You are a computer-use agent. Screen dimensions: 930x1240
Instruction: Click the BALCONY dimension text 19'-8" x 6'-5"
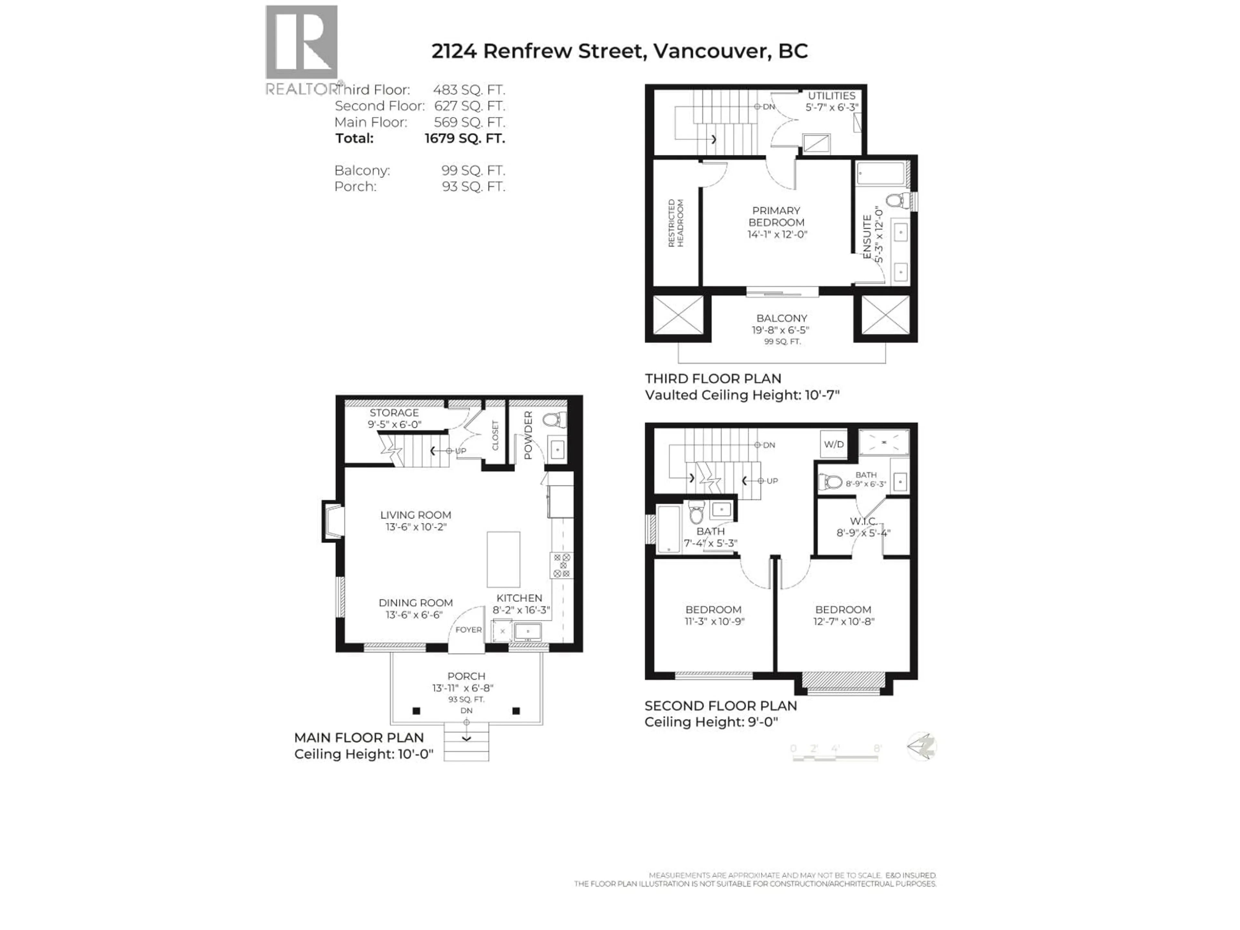pos(781,330)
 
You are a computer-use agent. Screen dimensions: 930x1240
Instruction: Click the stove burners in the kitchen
pos(562,565)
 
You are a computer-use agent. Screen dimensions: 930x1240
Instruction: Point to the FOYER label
pos(468,630)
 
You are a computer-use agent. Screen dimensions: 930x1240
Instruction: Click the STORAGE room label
pos(394,413)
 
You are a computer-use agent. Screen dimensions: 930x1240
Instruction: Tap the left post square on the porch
pos(416,711)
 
